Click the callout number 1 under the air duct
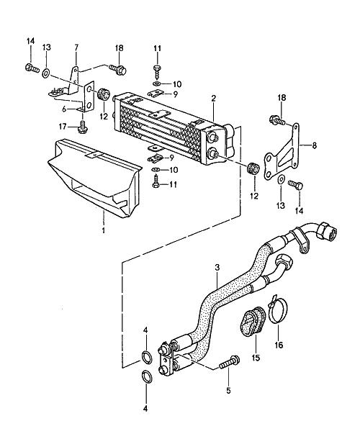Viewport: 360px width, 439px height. (104, 230)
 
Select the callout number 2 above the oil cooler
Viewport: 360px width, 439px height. (213, 99)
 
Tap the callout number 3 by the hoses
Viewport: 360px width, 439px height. (217, 268)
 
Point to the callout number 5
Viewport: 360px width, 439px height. (228, 390)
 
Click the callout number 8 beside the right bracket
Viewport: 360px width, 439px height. (315, 145)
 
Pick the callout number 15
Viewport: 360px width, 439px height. (256, 358)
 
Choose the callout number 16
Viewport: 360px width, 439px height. (279, 345)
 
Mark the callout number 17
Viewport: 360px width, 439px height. (63, 127)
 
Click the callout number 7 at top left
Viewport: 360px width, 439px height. (76, 47)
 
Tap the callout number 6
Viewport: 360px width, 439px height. (64, 109)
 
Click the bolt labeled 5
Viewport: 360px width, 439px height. (230, 362)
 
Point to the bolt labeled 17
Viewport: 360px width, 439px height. (83, 127)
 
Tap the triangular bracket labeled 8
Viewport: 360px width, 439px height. (282, 151)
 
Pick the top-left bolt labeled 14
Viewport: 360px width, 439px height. (32, 68)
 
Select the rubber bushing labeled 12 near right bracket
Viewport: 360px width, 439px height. (253, 168)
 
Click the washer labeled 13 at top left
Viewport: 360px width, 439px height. (46, 73)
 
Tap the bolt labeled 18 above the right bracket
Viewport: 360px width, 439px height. (277, 120)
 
